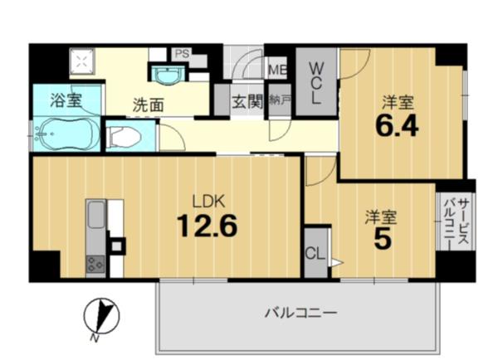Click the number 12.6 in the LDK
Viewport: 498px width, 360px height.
[x=207, y=226]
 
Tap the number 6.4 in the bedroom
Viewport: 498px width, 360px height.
[x=397, y=126]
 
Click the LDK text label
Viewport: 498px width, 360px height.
[x=208, y=202]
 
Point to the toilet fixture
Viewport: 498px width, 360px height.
[x=124, y=137]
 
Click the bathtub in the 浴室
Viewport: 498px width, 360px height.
[x=67, y=134]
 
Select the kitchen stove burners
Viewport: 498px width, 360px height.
[x=95, y=264]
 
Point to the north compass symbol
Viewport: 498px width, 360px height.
[x=101, y=317]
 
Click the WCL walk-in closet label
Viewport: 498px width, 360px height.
[x=315, y=83]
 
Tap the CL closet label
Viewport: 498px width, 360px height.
[x=315, y=254]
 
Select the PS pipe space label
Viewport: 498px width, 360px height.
[x=182, y=54]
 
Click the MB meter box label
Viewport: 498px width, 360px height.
[x=277, y=70]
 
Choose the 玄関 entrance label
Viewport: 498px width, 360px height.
[x=248, y=101]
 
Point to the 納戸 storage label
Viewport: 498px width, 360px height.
[x=280, y=100]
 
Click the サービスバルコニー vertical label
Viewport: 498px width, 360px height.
[x=457, y=221]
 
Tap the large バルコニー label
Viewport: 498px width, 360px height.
[x=300, y=313]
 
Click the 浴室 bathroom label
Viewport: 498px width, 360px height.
[x=66, y=100]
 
